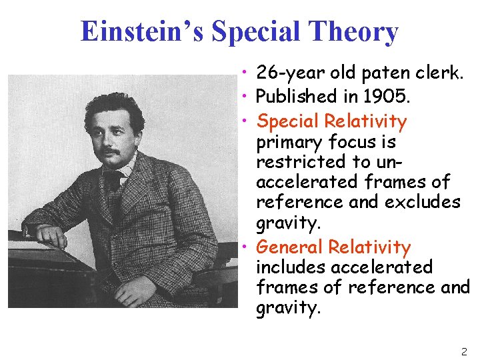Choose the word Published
[297, 96]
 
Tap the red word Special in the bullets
[288, 121]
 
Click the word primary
[289, 142]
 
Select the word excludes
[423, 201]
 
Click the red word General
[289, 247]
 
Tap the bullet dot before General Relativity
[247, 247]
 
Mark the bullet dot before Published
[247, 96]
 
